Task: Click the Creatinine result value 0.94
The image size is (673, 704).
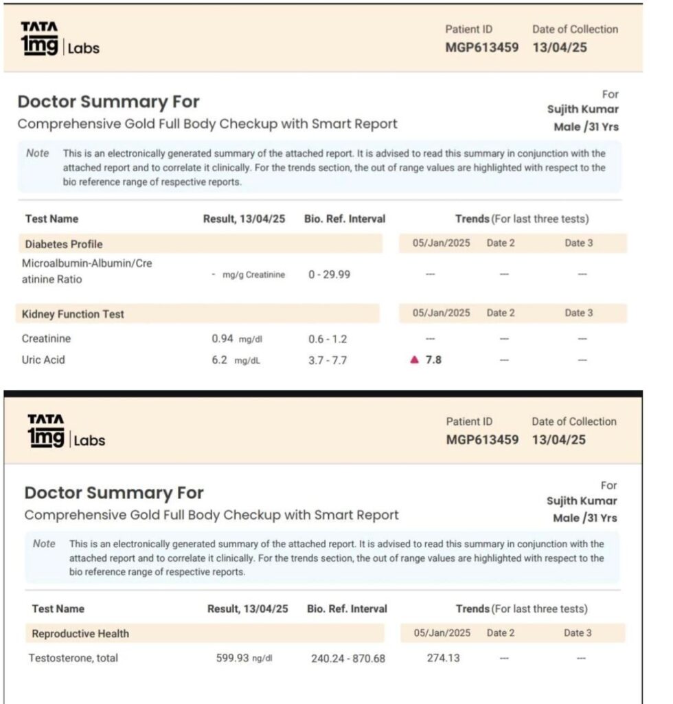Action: [x=223, y=338]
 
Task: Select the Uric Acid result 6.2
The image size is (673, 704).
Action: [x=219, y=360]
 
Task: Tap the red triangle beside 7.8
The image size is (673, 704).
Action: [x=413, y=360]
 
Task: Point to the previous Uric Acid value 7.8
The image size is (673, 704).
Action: [x=433, y=360]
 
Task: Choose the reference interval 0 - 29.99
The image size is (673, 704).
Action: [x=329, y=274]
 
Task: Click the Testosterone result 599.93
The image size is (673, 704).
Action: [x=232, y=658]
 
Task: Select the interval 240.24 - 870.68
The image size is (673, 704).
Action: [x=348, y=659]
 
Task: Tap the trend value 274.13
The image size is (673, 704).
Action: [x=443, y=658]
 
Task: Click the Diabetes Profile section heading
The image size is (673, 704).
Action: [x=64, y=244]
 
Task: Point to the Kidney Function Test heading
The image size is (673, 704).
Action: [x=73, y=314]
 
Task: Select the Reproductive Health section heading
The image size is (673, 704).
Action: [x=80, y=633]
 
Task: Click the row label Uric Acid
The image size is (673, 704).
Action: [x=43, y=360]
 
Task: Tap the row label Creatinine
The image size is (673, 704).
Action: [x=46, y=338]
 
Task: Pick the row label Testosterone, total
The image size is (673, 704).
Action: [x=73, y=658]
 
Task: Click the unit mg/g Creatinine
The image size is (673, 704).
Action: [x=253, y=274]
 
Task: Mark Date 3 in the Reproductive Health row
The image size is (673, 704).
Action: [x=578, y=632]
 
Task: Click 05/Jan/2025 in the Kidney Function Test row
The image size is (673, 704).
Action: [x=442, y=313]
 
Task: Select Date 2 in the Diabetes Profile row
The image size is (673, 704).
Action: [x=501, y=243]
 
